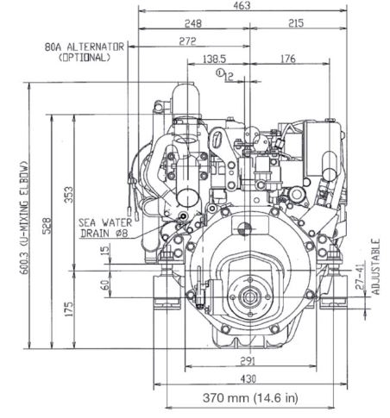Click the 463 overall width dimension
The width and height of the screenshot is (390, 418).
click(242, 5)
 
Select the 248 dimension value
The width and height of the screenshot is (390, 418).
click(193, 23)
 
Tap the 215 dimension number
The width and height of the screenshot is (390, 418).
click(296, 23)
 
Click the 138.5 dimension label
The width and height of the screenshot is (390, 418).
click(215, 59)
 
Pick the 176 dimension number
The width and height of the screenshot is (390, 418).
click(287, 59)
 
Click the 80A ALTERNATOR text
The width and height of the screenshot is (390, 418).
click(85, 47)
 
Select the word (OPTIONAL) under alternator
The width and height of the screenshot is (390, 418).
click(85, 58)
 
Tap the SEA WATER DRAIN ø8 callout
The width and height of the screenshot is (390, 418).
click(104, 228)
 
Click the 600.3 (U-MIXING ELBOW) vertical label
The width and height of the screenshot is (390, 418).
click(24, 217)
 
